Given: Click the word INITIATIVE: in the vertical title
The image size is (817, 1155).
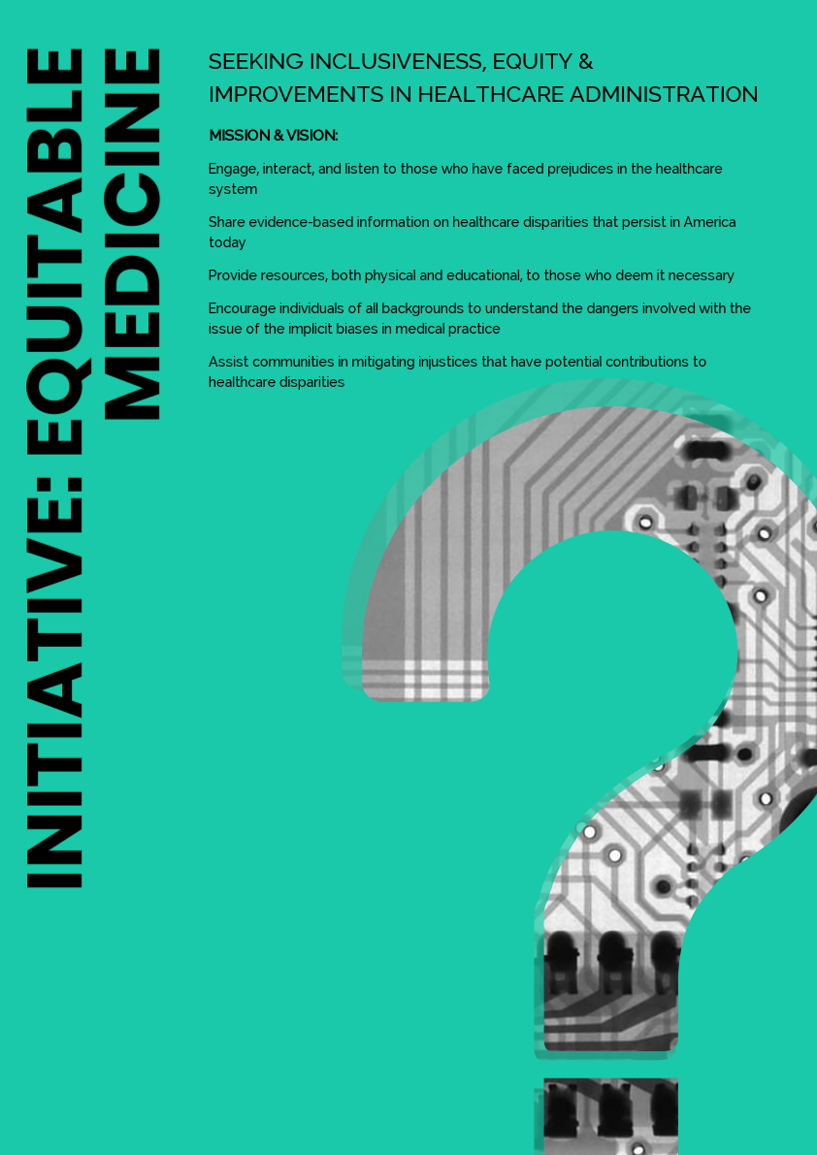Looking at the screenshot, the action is pos(54,683).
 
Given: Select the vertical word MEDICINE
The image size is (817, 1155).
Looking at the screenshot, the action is pos(132,235).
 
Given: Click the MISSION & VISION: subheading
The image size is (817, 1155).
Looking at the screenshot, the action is pos(274,136).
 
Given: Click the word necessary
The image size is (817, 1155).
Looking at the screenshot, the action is pos(703,276).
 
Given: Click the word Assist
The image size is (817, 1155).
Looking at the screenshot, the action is pos(226,362).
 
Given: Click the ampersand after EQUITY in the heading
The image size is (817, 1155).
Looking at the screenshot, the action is pos(586,62).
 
